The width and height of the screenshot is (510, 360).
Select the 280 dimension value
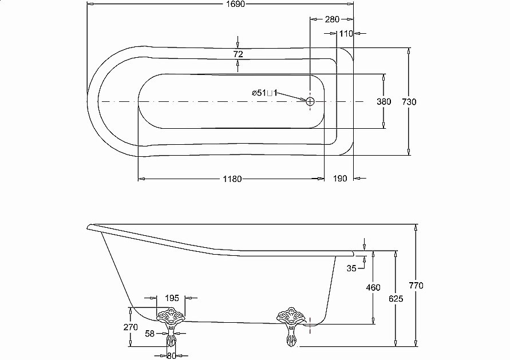(332, 19)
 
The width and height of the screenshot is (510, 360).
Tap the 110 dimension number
(346, 34)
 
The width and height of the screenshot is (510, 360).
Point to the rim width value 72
(238, 54)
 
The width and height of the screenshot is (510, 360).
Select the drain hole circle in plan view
(310, 101)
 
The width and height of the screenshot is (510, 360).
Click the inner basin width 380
(384, 101)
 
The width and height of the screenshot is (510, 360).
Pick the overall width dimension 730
(409, 101)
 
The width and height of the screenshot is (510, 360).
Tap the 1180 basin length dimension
(232, 179)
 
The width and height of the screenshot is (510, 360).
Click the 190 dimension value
(340, 179)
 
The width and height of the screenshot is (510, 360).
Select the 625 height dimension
(395, 298)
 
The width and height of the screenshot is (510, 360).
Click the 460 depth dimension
(373, 287)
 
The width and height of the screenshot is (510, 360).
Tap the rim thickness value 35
(351, 267)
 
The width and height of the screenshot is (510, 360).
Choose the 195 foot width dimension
(172, 298)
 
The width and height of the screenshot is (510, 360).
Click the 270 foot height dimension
(131, 327)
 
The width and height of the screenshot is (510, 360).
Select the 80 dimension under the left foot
(171, 355)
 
